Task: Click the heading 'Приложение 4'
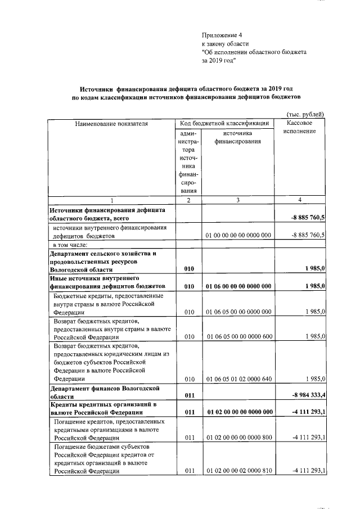222,35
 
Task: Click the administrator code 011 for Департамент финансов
189,396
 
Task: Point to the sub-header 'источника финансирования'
237,137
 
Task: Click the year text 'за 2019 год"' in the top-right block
219,61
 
